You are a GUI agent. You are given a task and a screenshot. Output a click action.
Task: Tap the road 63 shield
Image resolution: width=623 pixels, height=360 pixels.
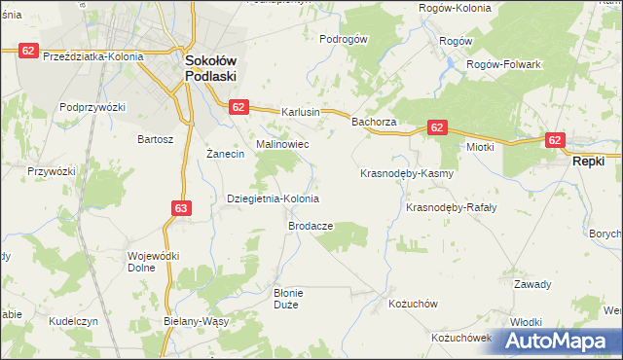tap(181, 207)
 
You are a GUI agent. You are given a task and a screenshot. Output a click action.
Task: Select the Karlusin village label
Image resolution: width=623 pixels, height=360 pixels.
tap(301, 112)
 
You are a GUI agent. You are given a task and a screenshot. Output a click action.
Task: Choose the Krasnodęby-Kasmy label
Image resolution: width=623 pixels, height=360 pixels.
tap(407, 173)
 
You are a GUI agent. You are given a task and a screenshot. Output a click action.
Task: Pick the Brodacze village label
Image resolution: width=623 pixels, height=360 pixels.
tap(311, 226)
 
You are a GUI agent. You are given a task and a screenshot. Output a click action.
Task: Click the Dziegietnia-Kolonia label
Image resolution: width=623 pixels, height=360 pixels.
tap(273, 198)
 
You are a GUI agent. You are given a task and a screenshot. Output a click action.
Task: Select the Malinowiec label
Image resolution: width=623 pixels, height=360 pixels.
tap(282, 144)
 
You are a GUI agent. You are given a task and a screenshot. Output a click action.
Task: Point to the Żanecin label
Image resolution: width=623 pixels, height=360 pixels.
tap(226, 155)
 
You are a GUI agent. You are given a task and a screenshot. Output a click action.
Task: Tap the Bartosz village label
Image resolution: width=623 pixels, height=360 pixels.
tap(155, 139)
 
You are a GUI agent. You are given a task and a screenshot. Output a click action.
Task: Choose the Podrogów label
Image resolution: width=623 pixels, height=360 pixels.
tap(343, 39)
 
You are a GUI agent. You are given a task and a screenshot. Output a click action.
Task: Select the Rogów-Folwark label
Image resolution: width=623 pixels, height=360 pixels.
tap(503, 63)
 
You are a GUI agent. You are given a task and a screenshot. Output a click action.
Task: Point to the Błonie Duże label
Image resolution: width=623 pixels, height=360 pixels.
tap(290, 298)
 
